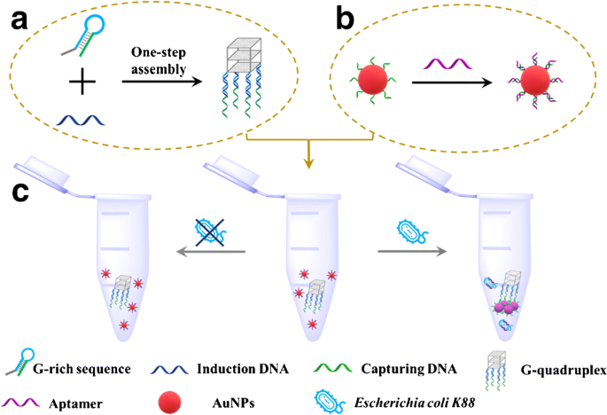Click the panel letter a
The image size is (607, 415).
coord(19,20)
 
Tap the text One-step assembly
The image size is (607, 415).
coord(159,60)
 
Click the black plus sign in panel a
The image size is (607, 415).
coord(82,82)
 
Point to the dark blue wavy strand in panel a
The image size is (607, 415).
coord(81,120)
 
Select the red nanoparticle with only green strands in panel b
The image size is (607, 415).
coord(372,80)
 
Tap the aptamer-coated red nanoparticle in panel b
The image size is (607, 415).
coord(535,81)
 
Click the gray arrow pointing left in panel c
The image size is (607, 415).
coord(211,252)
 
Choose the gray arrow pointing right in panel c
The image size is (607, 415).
coord(412,252)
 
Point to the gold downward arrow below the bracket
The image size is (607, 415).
coord(308,154)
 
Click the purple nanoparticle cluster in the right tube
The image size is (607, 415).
coord(505,307)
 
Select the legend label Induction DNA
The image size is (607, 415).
coord(243,369)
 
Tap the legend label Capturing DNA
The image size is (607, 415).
coord(409,369)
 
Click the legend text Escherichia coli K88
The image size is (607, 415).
coord(414,403)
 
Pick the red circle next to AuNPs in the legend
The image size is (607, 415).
coord(169,403)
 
